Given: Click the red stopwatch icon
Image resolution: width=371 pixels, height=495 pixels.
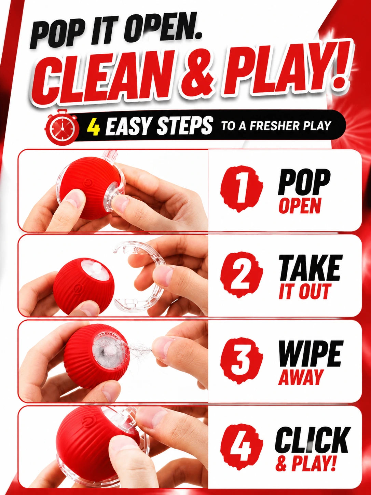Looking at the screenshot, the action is pyautogui.click(x=62, y=128).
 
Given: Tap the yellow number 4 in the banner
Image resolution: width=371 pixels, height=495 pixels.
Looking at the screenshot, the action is pyautogui.click(x=94, y=128).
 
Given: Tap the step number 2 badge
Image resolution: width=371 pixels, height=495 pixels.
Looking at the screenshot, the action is pyautogui.click(x=241, y=275).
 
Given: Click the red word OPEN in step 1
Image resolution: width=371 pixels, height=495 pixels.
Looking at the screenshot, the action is pyautogui.click(x=300, y=206).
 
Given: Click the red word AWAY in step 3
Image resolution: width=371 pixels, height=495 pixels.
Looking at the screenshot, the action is pyautogui.click(x=301, y=377).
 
